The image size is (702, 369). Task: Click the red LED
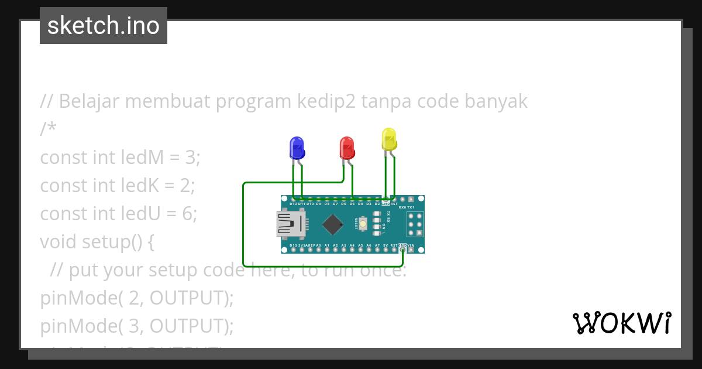(x=347, y=148)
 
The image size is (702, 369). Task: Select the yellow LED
(x=389, y=139)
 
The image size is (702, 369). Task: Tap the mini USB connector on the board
(x=291, y=224)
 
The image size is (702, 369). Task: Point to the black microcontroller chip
(x=332, y=224)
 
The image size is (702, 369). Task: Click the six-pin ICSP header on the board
(x=415, y=224)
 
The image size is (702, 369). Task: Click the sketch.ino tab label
(x=104, y=26)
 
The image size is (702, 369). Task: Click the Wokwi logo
(x=621, y=323)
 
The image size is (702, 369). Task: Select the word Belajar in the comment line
(x=89, y=101)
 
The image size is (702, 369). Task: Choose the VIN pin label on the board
(x=411, y=245)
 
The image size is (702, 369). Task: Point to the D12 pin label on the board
(x=293, y=204)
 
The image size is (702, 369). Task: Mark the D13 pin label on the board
(x=293, y=245)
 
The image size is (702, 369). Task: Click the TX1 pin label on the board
(x=411, y=207)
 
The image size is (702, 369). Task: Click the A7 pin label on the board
(x=377, y=245)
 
